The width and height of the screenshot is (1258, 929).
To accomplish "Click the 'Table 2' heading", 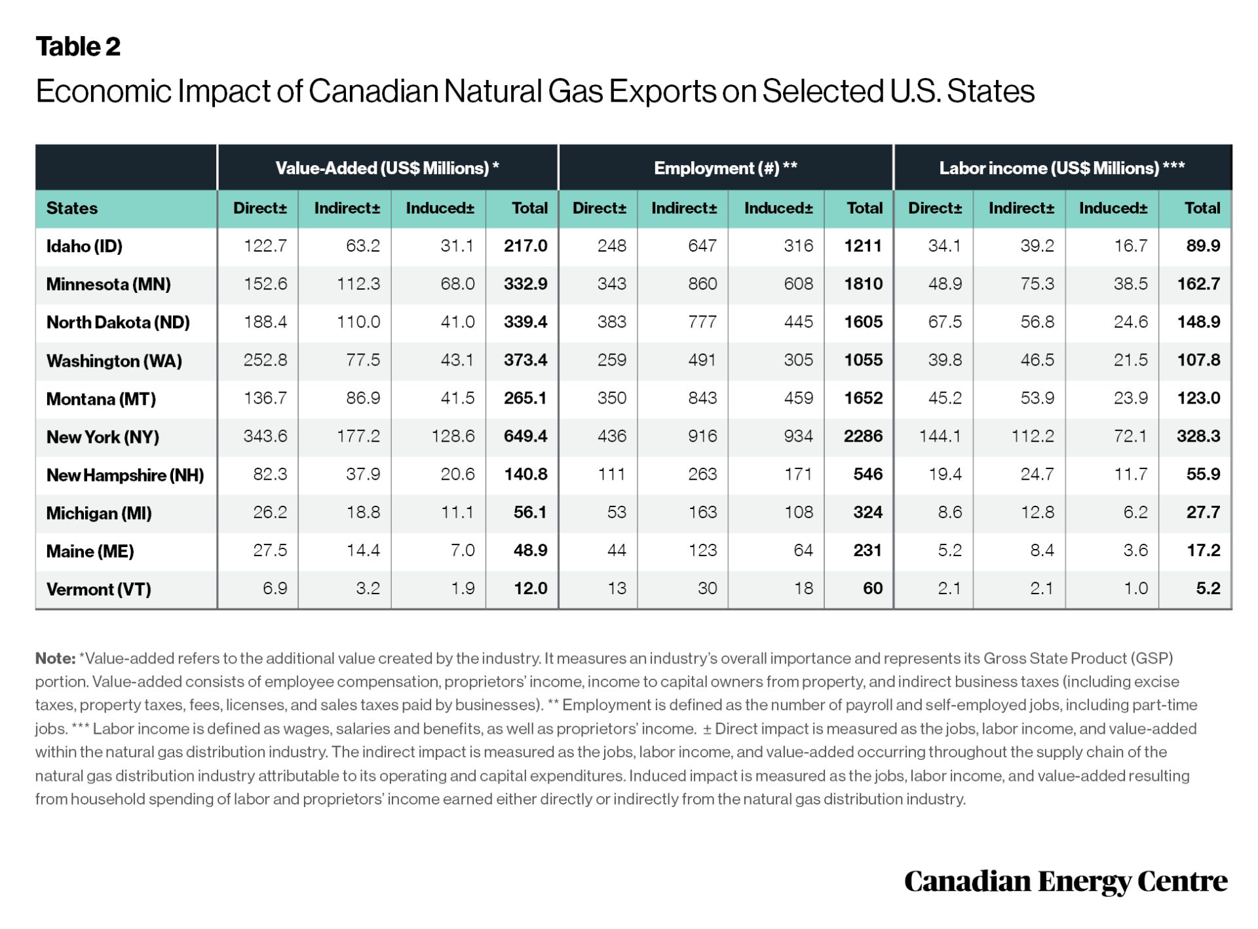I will pyautogui.click(x=78, y=47).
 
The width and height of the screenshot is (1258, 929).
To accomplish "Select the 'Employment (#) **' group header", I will pyautogui.click(x=725, y=168).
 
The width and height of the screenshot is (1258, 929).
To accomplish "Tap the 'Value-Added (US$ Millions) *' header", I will pyautogui.click(x=387, y=168).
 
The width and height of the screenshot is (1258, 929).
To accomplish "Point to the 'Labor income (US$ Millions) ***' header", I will pyautogui.click(x=1061, y=168).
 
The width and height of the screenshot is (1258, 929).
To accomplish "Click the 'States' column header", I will pyautogui.click(x=72, y=208).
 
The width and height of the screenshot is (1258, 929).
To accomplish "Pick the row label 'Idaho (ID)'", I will pyautogui.click(x=85, y=246).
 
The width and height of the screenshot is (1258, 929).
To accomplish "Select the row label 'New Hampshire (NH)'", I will pyautogui.click(x=125, y=475).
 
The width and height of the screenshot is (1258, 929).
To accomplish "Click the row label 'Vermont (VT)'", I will pyautogui.click(x=99, y=589).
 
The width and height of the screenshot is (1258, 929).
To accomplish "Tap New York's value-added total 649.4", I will pyautogui.click(x=525, y=436).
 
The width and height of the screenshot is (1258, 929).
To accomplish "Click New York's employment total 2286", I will pyautogui.click(x=862, y=436).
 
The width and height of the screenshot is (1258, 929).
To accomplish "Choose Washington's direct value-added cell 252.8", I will pyautogui.click(x=265, y=360).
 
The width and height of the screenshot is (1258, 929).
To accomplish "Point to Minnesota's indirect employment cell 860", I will pyautogui.click(x=702, y=284).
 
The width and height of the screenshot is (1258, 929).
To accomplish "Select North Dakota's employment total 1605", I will pyautogui.click(x=862, y=322).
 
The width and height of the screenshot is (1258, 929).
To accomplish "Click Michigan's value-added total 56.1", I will pyautogui.click(x=529, y=512).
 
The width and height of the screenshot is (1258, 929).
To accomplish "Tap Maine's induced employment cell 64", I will pyautogui.click(x=803, y=550).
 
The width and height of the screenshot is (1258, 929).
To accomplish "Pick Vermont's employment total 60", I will pyautogui.click(x=871, y=588).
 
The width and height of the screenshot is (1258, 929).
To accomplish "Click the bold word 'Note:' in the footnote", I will pyautogui.click(x=55, y=658).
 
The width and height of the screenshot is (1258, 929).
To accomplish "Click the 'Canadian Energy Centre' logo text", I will pyautogui.click(x=1065, y=882).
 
